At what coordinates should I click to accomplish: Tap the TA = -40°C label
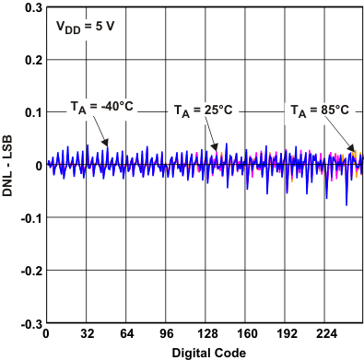(102, 106)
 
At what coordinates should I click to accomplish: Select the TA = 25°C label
(204, 110)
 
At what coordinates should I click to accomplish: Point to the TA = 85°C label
(320, 110)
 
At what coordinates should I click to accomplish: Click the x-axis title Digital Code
(204, 353)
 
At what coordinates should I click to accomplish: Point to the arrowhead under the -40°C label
(108, 143)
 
